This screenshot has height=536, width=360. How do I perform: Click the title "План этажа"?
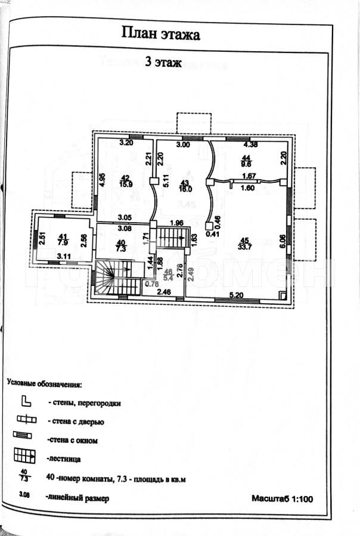click(x=160, y=34)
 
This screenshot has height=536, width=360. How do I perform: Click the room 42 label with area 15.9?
click(x=126, y=180)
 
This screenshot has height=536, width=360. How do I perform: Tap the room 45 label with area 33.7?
click(x=244, y=244)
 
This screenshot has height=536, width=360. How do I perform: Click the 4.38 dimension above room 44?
click(x=250, y=144)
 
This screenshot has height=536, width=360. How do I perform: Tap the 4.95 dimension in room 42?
click(x=102, y=180)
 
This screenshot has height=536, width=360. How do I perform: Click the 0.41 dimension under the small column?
click(x=210, y=234)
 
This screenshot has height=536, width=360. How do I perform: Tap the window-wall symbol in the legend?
click(x=24, y=439)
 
